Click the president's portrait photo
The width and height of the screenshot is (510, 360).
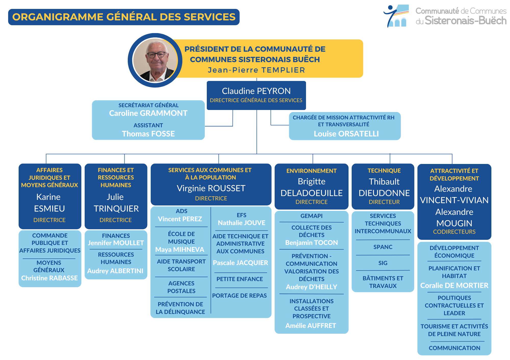coord(155,60)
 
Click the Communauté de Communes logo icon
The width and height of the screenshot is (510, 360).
coord(396,16)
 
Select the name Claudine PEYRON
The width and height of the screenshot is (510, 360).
coord(256,91)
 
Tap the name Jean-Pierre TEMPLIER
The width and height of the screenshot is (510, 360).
coord(256,70)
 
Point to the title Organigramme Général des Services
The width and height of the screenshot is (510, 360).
coord(124,17)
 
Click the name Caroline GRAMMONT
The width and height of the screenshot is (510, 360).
coord(148,113)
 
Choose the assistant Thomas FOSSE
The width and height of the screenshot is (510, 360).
coord(148,134)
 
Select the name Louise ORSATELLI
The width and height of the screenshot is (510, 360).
coord(346,134)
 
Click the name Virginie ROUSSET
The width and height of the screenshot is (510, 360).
coord(211,188)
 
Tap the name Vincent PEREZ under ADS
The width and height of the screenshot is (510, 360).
coord(180,219)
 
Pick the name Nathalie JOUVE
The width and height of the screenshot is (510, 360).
coord(241,223)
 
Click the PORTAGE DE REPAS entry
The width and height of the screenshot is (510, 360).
coord(239,296)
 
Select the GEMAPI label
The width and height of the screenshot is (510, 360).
coord(311,216)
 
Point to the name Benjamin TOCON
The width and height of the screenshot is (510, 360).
coord(311,243)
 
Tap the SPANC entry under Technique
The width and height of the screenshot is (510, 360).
coord(383,247)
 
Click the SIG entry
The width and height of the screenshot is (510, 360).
coord(383,263)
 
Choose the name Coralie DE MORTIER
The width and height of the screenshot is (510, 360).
coord(454,285)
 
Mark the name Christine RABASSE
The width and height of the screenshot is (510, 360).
coord(49,278)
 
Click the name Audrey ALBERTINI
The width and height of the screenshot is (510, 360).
coord(115,271)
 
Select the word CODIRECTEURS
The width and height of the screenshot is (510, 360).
coord(454,232)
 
